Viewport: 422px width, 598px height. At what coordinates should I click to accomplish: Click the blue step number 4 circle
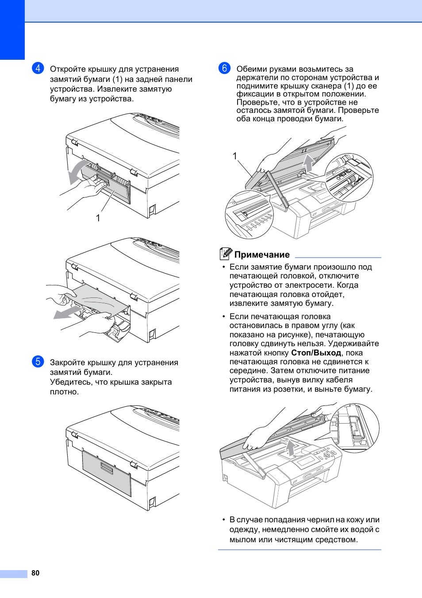pyautogui.click(x=38, y=68)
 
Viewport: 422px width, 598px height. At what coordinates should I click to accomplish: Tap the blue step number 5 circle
pyautogui.click(x=38, y=362)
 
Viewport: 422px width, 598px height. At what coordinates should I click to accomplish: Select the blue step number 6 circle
pyautogui.click(x=225, y=68)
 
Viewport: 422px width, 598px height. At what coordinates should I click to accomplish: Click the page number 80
pyautogui.click(x=35, y=573)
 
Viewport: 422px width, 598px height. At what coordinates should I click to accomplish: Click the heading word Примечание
pyautogui.click(x=262, y=255)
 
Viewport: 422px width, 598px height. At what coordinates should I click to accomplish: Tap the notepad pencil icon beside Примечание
pyautogui.click(x=226, y=254)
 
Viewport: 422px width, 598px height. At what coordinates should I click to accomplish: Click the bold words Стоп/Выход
pyautogui.click(x=316, y=353)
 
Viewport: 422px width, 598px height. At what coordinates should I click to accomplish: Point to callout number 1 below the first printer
pyautogui.click(x=98, y=218)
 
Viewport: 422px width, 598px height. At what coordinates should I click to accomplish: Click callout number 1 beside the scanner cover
pyautogui.click(x=235, y=156)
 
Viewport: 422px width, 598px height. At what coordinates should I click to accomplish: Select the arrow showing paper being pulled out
pyautogui.click(x=68, y=313)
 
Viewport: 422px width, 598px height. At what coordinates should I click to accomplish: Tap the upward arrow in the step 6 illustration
pyautogui.click(x=308, y=162)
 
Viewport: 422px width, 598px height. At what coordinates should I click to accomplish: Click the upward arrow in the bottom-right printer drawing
pyautogui.click(x=290, y=447)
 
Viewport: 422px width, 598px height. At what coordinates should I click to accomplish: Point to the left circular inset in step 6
pyautogui.click(x=249, y=215)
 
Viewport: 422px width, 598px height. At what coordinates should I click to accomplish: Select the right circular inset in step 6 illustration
pyautogui.click(x=349, y=178)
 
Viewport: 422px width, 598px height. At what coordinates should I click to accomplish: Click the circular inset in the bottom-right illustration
pyautogui.click(x=356, y=428)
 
